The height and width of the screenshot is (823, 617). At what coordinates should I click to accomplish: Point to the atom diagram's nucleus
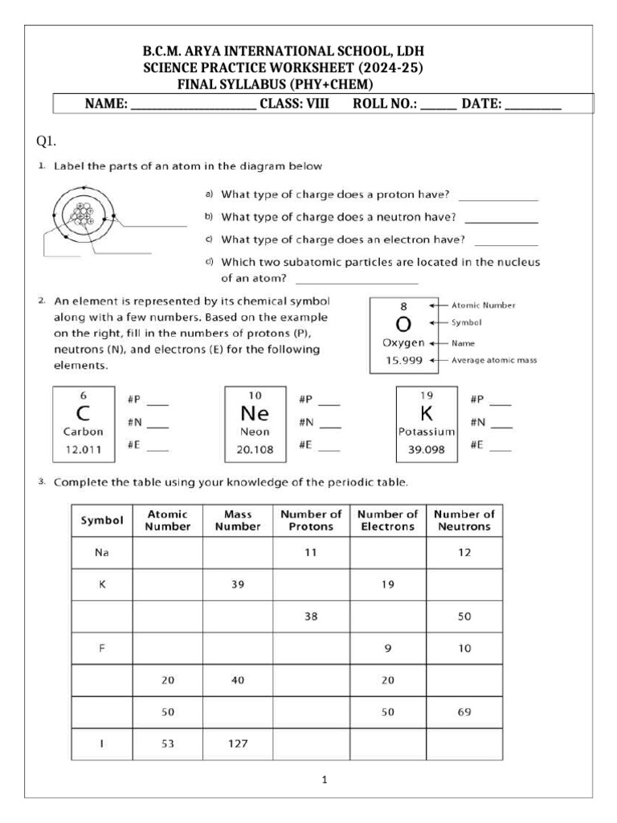pos(82,214)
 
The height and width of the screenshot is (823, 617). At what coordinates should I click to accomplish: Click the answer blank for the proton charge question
pos(497,195)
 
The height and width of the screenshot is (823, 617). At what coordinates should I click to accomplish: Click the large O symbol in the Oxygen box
pos(403,324)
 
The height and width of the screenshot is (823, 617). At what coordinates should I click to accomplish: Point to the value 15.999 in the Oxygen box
pos(403,360)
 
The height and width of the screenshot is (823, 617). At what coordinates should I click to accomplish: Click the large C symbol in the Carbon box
pos(83,415)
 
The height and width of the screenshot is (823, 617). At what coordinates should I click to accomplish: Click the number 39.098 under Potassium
pos(427,450)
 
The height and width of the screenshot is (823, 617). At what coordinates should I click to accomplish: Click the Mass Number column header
pos(237,520)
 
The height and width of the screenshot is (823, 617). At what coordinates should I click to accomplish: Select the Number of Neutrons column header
pos(464,520)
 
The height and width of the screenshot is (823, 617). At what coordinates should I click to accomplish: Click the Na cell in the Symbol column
pos(102,553)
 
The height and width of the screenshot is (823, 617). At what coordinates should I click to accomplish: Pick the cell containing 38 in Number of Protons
pos(311,616)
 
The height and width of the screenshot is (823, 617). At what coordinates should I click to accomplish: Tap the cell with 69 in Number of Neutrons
pos(464,712)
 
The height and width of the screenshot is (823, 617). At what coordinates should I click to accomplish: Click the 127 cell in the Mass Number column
pos(237,743)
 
